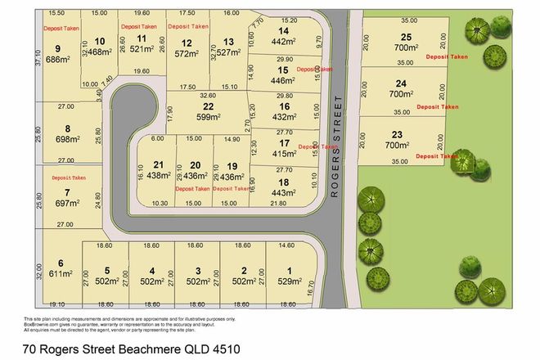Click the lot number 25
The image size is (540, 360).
tap(406, 37)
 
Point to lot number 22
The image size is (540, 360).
tap(209, 106)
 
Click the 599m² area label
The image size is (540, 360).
tap(209, 117)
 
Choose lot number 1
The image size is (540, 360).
tap(287, 271)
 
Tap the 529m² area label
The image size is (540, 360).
tap(287, 281)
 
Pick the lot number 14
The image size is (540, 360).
tap(283, 30)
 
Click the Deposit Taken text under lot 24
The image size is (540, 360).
tap(438, 107)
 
